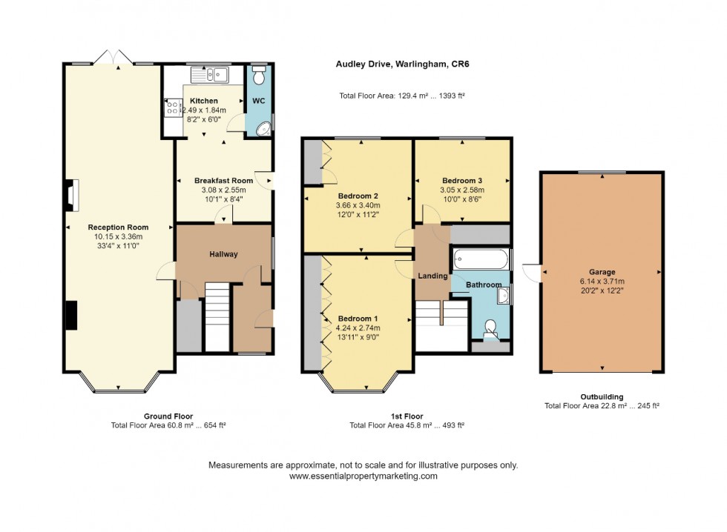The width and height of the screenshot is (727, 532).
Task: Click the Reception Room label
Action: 118,227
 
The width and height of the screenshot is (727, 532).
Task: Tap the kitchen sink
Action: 211,74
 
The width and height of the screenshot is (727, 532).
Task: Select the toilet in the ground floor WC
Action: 259,76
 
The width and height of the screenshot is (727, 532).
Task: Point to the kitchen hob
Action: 172,109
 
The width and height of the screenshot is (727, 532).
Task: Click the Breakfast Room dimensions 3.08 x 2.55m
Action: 223,190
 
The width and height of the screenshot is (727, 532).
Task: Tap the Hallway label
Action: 223,254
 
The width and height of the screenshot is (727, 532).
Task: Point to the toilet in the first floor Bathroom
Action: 490,327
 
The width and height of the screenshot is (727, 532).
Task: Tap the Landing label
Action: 432,276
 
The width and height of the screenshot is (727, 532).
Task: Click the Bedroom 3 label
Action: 462,181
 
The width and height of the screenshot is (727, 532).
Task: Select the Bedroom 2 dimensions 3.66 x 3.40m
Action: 357,206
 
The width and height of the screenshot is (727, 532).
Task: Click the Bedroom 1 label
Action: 358,319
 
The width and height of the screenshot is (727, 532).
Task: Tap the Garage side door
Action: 532,273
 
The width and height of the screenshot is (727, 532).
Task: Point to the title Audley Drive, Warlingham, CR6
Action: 402,64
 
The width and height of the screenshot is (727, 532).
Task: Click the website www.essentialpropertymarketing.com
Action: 363,476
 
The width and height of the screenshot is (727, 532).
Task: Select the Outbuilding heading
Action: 601,396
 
